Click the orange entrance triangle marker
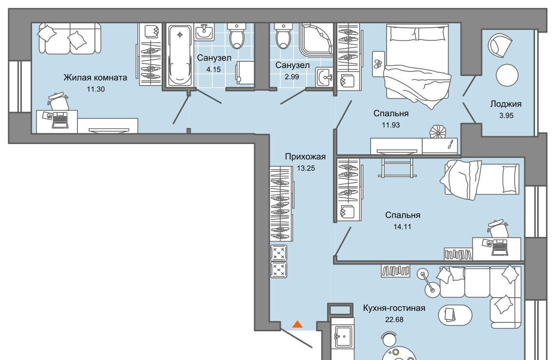click(x=297, y=324)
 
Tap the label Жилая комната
click(x=95, y=77)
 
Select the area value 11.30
click(x=95, y=89)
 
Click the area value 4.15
click(x=213, y=69)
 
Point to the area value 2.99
click(x=292, y=76)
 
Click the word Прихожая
click(x=305, y=156)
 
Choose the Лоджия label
click(x=506, y=104)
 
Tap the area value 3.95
click(x=506, y=115)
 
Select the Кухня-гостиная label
click(x=394, y=308)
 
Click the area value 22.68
click(x=394, y=319)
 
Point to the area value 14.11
click(x=403, y=227)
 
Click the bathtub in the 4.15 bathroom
click(x=180, y=55)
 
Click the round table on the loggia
click(x=507, y=75)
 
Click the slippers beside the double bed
click(x=378, y=63)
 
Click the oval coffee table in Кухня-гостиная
click(x=455, y=314)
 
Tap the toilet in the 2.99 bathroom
click(x=283, y=36)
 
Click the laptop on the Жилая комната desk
click(x=60, y=120)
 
